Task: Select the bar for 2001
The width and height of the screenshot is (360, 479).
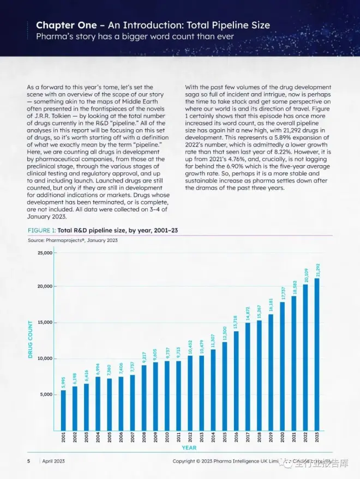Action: [x=63, y=409]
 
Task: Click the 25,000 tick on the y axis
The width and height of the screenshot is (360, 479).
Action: [x=45, y=253]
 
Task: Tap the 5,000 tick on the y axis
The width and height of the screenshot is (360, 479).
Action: [x=46, y=394]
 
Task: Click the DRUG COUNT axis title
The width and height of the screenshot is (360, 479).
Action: [x=31, y=339]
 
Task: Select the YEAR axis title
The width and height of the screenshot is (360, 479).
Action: [x=189, y=448]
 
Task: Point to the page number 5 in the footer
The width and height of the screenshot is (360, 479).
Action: [x=29, y=461]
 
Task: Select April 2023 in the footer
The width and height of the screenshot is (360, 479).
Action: [x=54, y=461]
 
